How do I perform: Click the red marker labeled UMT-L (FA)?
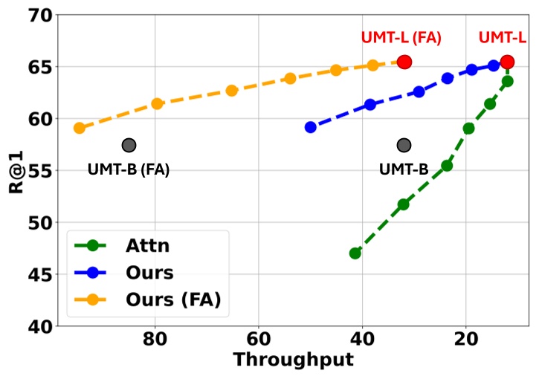404,62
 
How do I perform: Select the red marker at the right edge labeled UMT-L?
507,62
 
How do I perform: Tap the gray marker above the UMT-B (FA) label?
129,145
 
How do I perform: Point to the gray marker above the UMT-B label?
404,145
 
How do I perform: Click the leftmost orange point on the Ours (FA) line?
79,128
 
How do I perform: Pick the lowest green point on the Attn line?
355,253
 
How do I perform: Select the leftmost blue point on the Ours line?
311,127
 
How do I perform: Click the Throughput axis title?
293,360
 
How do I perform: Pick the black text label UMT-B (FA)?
129,169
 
